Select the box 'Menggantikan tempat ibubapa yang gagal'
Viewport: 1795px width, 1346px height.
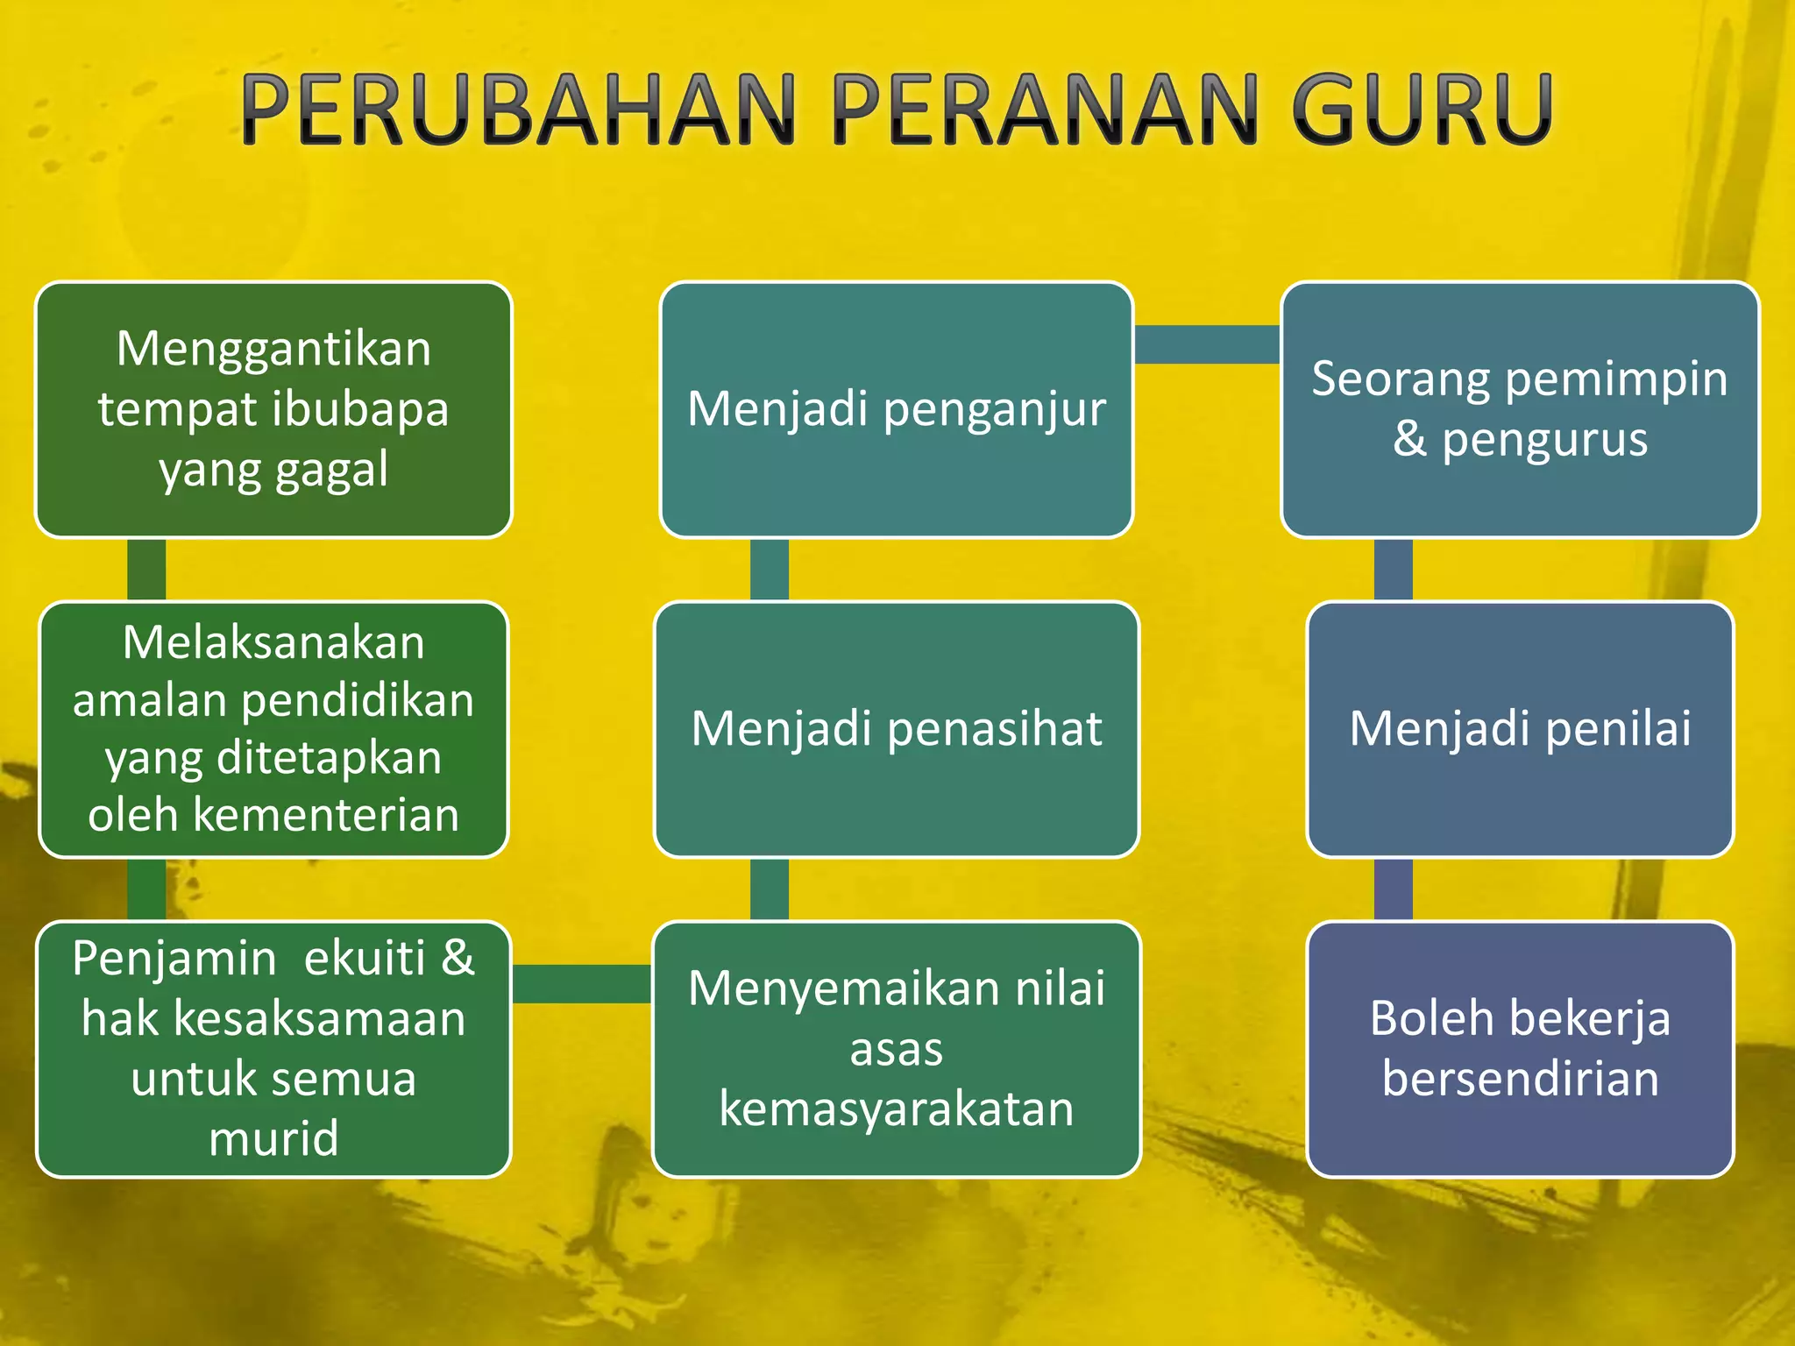(x=273, y=409)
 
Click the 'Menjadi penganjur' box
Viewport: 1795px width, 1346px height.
(x=896, y=409)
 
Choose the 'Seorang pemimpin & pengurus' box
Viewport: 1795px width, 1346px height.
(x=1520, y=409)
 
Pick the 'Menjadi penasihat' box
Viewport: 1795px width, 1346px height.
(x=896, y=729)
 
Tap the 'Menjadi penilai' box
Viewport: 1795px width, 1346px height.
(x=1520, y=729)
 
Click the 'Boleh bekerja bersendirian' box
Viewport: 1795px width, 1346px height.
(x=1520, y=1049)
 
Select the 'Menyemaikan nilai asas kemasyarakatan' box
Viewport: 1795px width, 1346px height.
(x=896, y=1049)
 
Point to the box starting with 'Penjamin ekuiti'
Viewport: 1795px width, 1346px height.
(x=273, y=1049)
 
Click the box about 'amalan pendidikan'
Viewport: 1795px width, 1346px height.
(x=273, y=729)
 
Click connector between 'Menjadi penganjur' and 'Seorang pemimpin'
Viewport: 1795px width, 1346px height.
(x=1207, y=344)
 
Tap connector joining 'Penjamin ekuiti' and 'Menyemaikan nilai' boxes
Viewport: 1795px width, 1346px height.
(x=582, y=984)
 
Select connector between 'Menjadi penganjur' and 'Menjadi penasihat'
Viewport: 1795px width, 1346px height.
(x=769, y=570)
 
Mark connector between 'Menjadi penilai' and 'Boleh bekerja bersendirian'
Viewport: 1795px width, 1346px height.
(x=1393, y=889)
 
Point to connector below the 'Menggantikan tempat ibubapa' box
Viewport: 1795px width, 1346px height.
(x=146, y=570)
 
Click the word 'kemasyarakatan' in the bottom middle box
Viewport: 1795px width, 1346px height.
(x=896, y=1109)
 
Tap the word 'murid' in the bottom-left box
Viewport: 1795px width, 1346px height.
(x=273, y=1139)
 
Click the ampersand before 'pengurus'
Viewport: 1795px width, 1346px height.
(x=1409, y=439)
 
